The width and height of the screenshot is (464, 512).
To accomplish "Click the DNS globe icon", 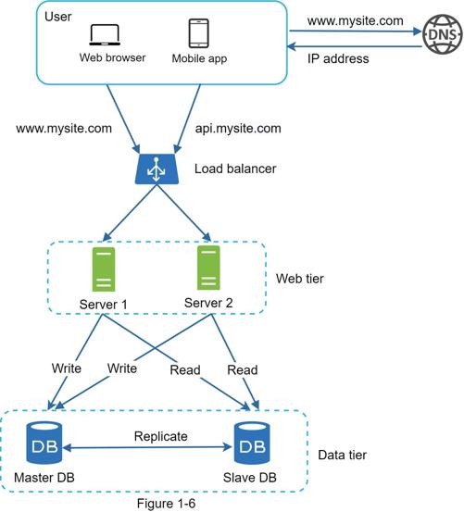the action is pos(443,34).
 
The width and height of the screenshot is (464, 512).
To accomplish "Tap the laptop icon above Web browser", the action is pos(105,35).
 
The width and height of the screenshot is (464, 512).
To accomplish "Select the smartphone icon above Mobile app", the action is pos(198,33).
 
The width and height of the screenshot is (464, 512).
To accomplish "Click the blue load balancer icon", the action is pos(157,169).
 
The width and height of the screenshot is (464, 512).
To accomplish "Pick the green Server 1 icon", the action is pos(104,269).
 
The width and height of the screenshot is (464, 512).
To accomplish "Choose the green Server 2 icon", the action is pos(208,268).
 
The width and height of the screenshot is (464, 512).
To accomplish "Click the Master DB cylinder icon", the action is pos(44,443).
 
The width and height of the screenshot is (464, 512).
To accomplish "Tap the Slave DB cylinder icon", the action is pos(252,443).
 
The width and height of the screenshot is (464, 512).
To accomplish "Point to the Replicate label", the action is pos(160,437).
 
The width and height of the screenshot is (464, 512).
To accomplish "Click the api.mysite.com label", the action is pos(238,129).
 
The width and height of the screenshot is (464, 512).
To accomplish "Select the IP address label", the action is pos(338,58).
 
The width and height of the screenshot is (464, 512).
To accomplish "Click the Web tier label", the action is pos(300,279).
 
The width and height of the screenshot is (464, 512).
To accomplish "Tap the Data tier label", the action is pos(342,455).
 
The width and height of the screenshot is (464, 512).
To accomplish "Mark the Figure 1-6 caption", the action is pos(166,504).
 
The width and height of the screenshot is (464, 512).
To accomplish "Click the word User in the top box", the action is pos(57,17).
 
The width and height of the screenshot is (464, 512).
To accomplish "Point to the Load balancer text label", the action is pos(235,169).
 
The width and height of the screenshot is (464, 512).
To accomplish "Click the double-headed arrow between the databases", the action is pos(147,447).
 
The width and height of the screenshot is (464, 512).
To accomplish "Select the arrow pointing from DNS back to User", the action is pos(355,46).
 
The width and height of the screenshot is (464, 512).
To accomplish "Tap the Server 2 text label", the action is pos(208,303).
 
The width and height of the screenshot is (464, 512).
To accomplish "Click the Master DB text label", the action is pos(44,478).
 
